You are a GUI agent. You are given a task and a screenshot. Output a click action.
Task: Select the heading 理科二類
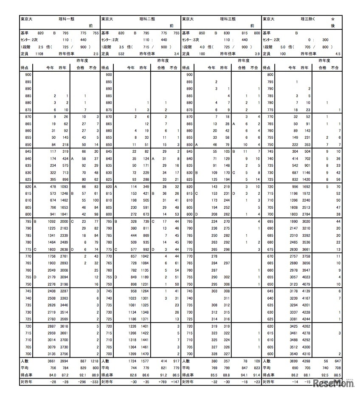pos(147,19)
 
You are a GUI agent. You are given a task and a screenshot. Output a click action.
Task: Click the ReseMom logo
pos(335,384)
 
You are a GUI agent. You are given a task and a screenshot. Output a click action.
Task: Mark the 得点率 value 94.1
pos(244,375)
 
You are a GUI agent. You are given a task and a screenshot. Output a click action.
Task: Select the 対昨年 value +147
pos(175,382)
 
